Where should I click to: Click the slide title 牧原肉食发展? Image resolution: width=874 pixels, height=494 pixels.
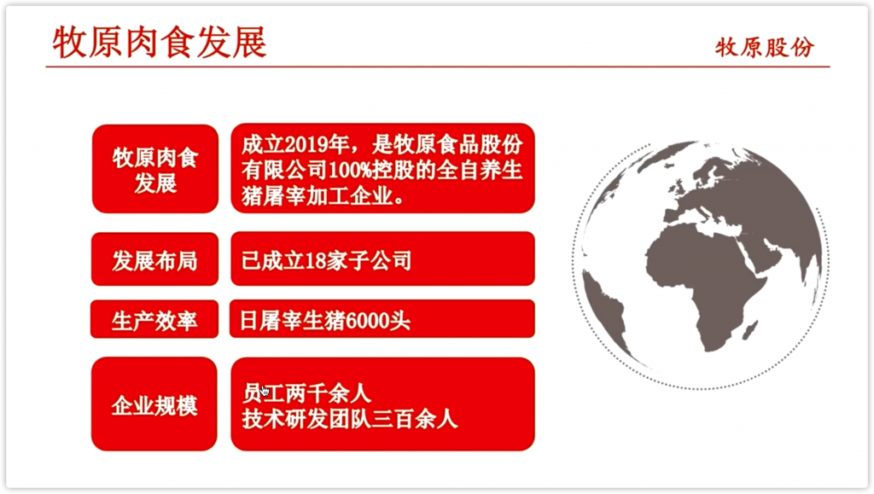(x=160, y=43)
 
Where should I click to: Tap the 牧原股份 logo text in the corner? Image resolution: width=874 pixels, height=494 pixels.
(x=764, y=47)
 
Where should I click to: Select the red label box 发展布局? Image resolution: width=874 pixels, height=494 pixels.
(x=154, y=259)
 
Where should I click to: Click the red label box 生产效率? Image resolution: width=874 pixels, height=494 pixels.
(x=154, y=320)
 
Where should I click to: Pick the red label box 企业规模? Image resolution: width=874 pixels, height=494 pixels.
(x=154, y=404)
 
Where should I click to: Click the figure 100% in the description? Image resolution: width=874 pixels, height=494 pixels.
(x=351, y=171)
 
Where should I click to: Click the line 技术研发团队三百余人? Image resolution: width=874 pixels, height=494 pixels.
(x=349, y=420)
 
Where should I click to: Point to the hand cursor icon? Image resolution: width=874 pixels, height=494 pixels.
(x=265, y=392)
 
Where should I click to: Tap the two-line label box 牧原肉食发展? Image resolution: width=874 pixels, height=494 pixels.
(x=155, y=169)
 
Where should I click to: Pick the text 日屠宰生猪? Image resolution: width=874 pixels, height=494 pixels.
(x=292, y=321)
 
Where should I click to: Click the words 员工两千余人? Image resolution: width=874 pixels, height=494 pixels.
(x=306, y=394)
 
